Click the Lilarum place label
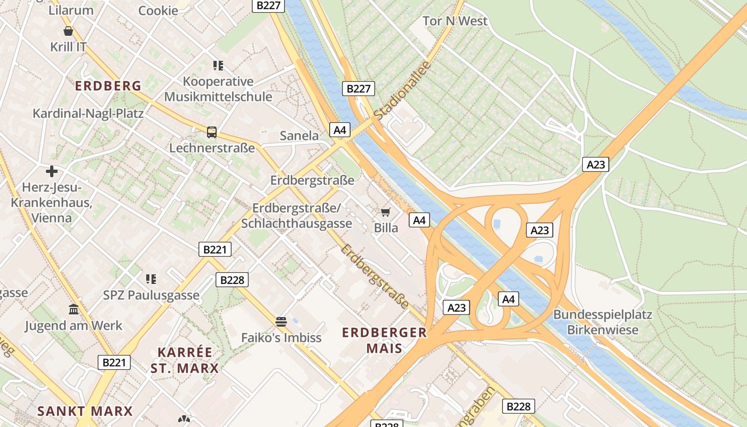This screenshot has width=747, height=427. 71,10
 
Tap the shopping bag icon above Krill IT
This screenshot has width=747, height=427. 68,31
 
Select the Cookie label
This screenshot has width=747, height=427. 158,11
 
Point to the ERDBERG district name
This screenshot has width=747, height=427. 108,85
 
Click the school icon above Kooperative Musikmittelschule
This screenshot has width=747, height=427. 218,66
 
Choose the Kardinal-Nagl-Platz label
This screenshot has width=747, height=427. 88,113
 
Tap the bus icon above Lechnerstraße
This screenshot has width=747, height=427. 212,132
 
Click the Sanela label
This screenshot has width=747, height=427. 299,136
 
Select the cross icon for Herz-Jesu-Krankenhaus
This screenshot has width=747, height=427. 52,171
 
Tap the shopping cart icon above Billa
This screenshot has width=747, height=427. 386,212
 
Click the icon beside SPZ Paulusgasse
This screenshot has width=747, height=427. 151,279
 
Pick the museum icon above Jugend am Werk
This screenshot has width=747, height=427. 74,310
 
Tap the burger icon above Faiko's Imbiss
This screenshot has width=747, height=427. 281,321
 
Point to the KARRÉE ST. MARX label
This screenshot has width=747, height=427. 185,360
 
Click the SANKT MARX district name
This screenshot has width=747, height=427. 85,411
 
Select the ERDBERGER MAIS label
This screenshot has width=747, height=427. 384,341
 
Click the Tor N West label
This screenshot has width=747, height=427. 455,21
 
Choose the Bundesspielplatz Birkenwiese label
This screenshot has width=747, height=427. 602,322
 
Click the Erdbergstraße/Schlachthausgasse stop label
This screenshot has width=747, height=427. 297,216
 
